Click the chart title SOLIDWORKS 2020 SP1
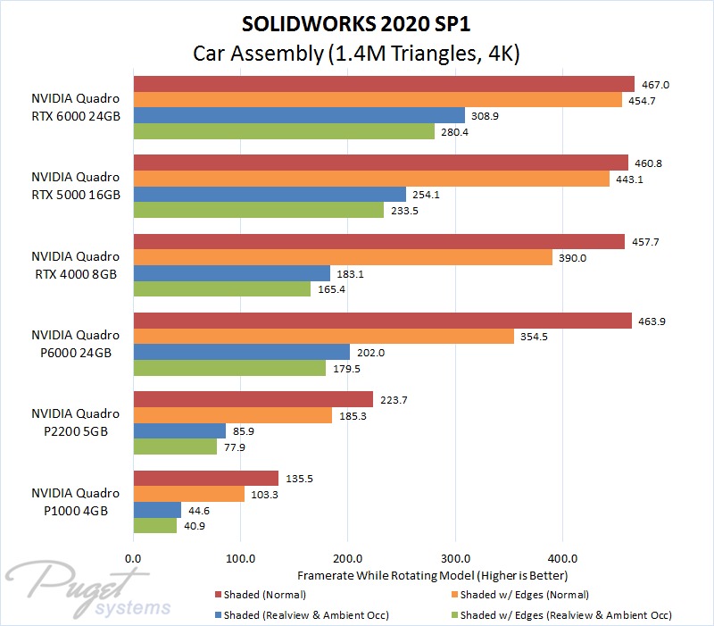(x=357, y=21)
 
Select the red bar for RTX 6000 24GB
(x=384, y=84)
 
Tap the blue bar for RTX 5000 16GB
(x=270, y=195)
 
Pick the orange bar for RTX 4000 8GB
(x=343, y=257)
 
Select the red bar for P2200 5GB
(x=253, y=398)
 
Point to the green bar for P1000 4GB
(x=155, y=526)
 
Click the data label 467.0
(x=656, y=84)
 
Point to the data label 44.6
(x=203, y=510)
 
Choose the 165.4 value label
(x=332, y=289)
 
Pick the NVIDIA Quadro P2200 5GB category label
(x=75, y=422)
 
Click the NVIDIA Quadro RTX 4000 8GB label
(x=75, y=265)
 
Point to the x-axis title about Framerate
(x=432, y=574)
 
